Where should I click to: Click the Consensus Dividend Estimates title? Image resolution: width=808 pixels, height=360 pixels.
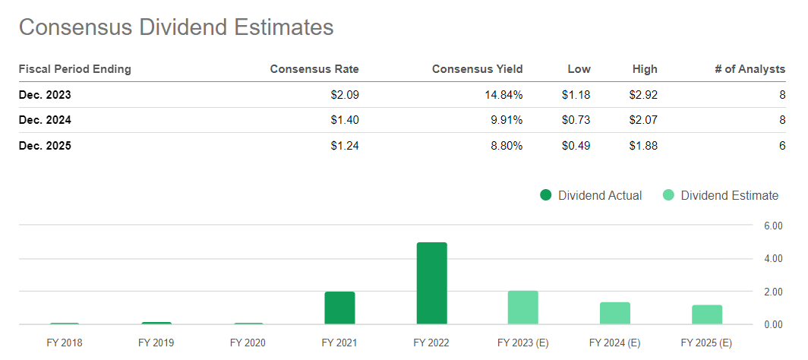176,27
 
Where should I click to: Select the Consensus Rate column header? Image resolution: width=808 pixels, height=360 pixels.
314,69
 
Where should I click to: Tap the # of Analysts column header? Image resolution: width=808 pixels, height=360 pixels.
750,69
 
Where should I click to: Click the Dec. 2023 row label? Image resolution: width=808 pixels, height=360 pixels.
45,95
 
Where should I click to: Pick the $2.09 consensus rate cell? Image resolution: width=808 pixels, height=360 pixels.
343,95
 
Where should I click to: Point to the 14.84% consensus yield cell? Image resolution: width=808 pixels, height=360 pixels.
502,95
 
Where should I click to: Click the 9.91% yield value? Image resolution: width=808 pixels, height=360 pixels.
505,120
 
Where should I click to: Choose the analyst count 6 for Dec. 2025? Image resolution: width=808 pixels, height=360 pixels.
781,145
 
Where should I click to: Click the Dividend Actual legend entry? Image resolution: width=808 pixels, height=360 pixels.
591,195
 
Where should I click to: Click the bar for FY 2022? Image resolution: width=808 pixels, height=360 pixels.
431,283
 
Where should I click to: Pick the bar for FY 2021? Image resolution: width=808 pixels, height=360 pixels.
339,308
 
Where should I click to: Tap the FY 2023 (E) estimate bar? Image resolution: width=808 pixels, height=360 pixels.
523,308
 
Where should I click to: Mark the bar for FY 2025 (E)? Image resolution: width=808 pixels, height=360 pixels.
707,314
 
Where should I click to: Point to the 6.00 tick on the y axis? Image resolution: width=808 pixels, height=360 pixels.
772,226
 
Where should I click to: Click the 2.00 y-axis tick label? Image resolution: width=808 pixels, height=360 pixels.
772,292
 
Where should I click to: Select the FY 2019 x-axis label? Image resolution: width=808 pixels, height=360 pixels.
156,343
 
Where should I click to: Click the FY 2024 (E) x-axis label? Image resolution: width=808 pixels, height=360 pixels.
614,343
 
